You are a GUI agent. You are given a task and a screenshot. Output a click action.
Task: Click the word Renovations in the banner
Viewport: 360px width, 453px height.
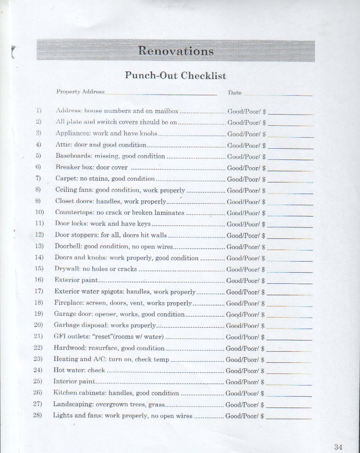176,51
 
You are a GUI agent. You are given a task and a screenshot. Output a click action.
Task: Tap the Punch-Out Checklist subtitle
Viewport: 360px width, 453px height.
175,76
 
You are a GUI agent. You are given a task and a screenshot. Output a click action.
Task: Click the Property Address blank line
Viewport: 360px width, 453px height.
161,93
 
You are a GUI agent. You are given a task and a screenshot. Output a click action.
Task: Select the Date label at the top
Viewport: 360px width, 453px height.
235,93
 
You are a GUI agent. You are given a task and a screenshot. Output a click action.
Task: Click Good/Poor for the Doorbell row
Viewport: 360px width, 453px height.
243,247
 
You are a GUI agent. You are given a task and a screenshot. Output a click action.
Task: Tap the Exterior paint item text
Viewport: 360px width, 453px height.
76,280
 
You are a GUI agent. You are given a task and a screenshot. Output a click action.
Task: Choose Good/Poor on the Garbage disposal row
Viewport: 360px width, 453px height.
242,326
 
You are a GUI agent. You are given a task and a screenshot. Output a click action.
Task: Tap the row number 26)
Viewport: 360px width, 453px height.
37,393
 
